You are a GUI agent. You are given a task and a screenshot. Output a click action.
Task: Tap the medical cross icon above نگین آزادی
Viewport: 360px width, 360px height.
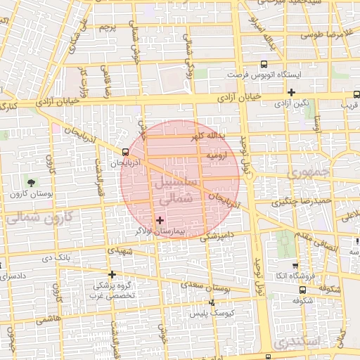click(291, 92)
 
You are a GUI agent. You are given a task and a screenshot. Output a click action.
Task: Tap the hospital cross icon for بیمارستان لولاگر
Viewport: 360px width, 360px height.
click(160, 220)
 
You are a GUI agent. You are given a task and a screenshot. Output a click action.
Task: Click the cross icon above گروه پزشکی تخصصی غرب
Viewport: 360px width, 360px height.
click(112, 274)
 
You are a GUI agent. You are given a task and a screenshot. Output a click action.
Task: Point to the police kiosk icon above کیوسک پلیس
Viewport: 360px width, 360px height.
click(212, 303)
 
